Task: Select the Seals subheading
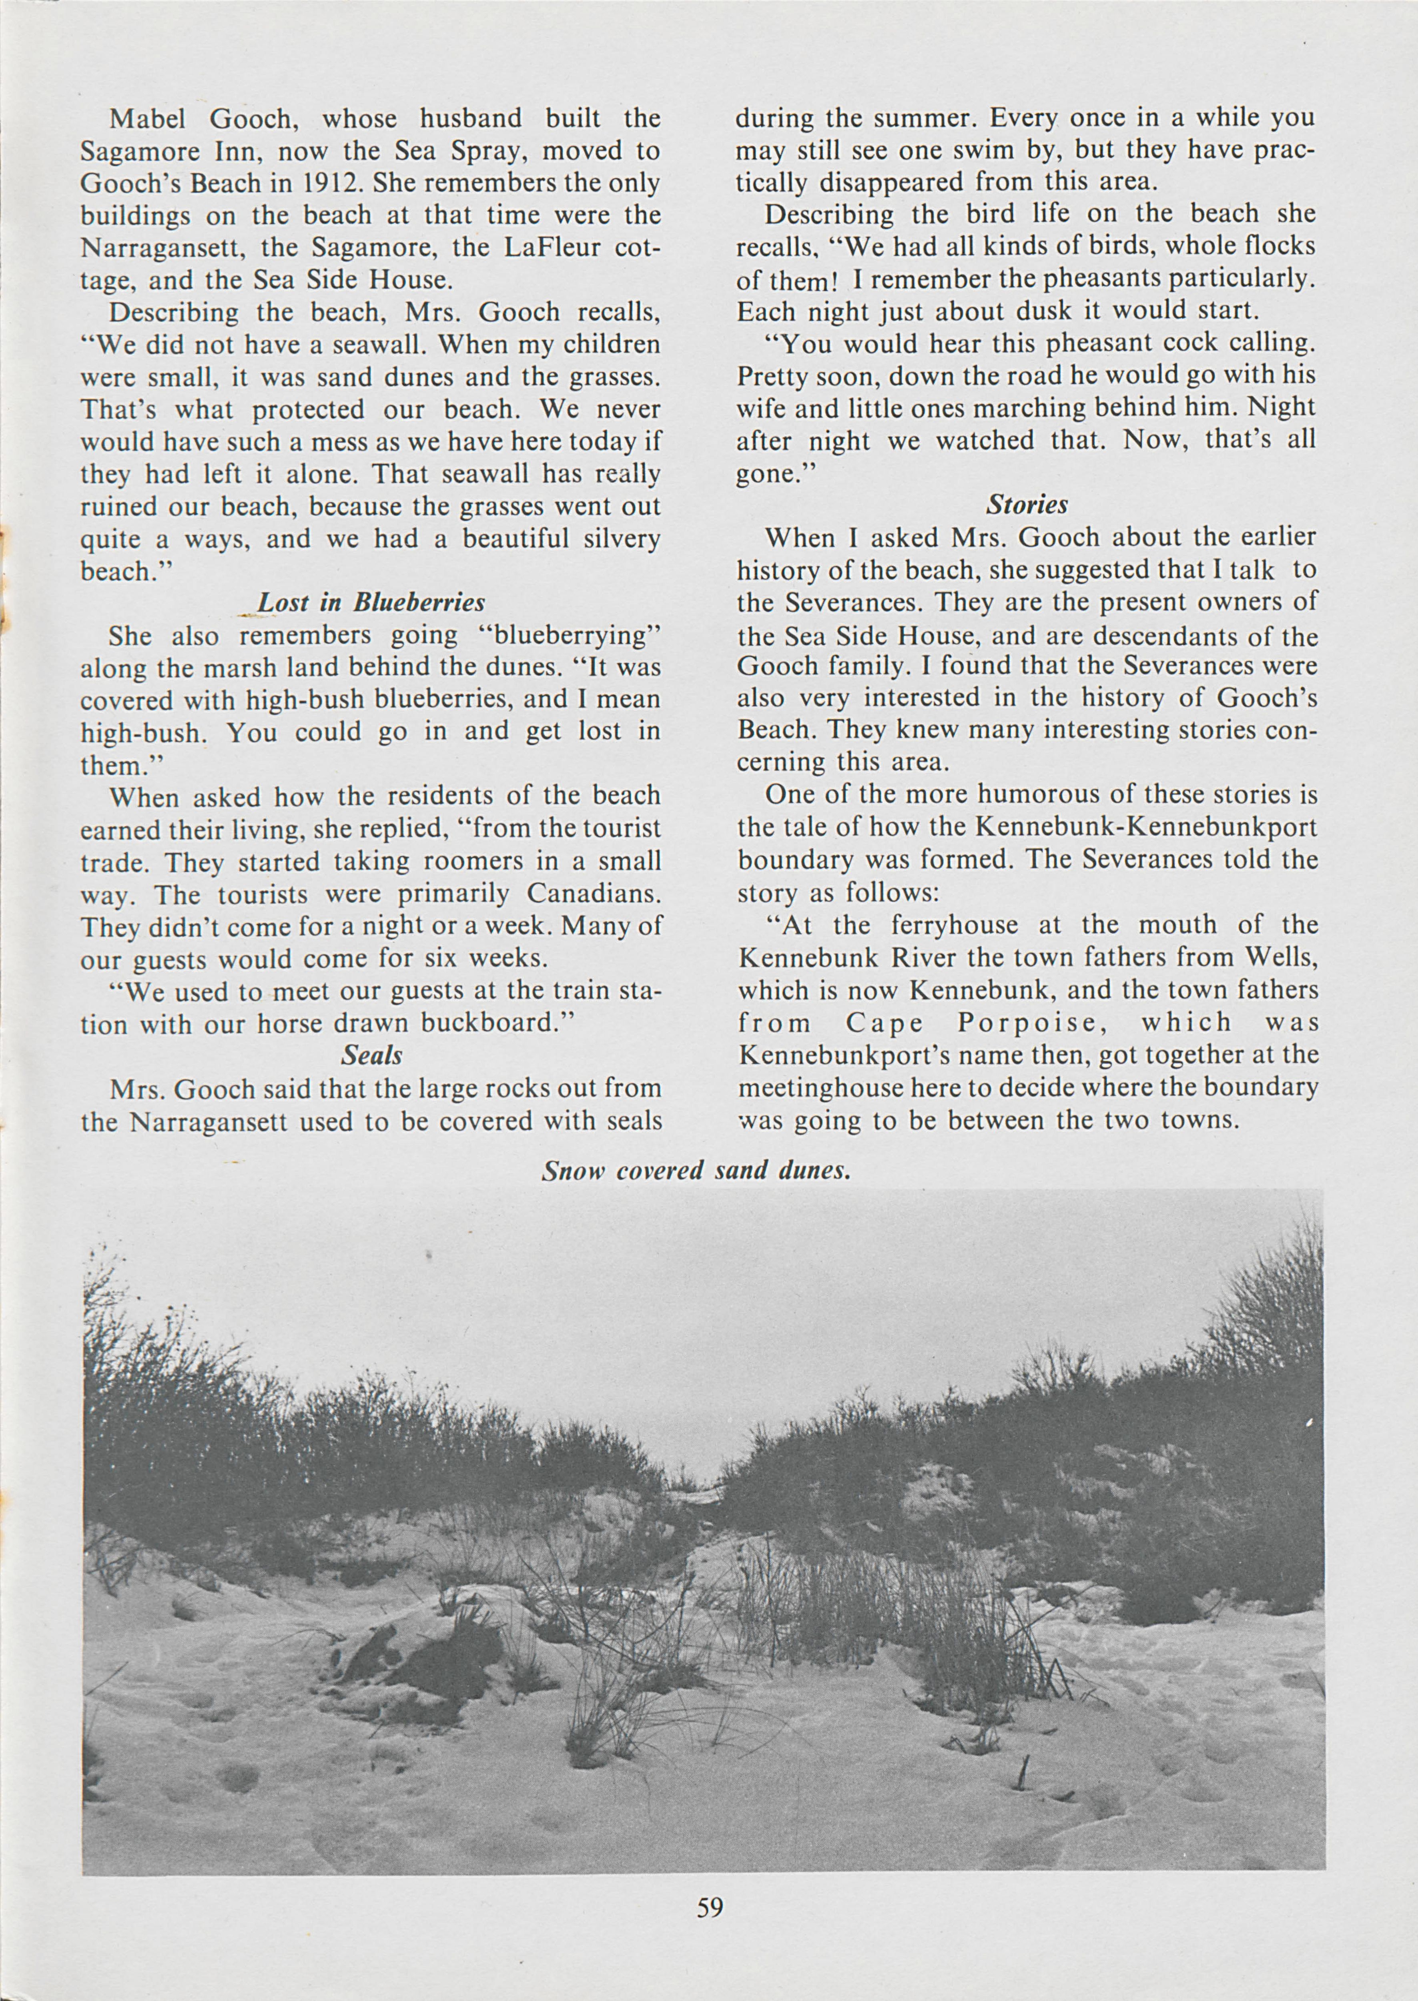click(x=371, y=1055)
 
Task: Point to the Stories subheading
click(x=1027, y=505)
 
